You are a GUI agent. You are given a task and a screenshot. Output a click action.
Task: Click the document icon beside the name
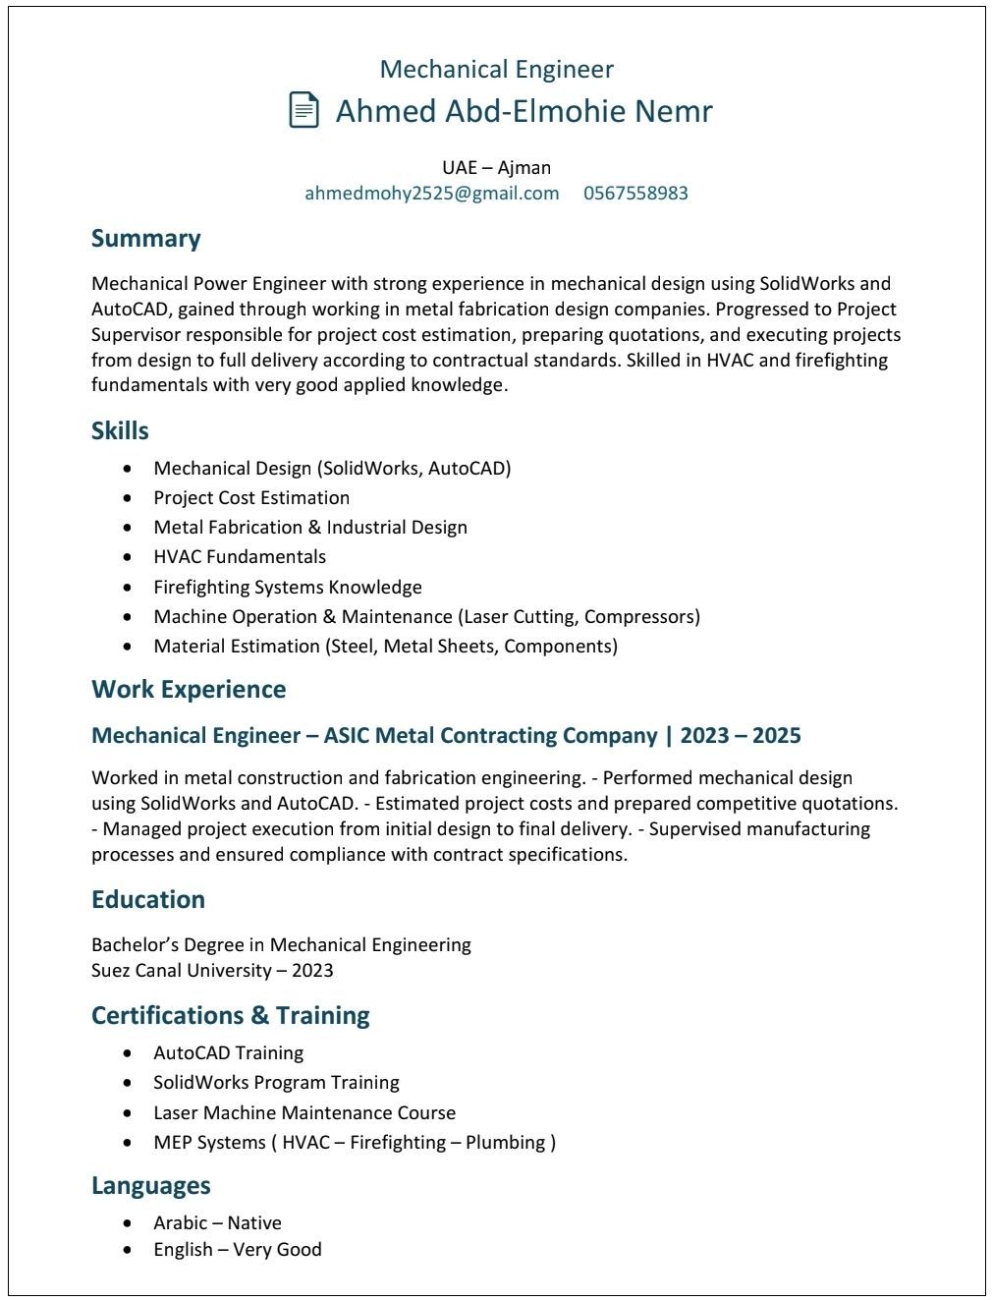point(303,109)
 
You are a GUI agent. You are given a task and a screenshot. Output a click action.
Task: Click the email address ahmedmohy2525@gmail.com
point(431,193)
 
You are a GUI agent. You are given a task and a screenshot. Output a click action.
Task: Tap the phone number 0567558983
point(635,193)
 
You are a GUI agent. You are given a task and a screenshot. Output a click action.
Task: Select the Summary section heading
point(145,239)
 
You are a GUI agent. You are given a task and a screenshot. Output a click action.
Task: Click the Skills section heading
point(120,430)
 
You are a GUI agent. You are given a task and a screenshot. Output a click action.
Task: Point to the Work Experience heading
point(189,689)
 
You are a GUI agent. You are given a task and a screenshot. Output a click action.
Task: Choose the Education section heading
point(148,899)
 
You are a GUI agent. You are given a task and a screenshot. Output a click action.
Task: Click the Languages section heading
point(150,1185)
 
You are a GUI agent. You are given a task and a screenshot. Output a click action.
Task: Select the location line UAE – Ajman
point(496,167)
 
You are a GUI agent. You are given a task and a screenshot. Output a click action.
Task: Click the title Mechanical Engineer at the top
point(496,69)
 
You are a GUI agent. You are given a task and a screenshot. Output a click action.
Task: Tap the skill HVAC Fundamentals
point(240,556)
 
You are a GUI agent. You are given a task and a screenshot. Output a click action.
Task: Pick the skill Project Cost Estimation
point(251,497)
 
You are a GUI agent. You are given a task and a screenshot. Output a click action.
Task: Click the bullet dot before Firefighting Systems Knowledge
point(128,588)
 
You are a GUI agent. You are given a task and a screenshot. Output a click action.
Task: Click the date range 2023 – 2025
point(741,735)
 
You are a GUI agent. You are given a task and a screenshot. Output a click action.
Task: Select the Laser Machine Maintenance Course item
point(304,1112)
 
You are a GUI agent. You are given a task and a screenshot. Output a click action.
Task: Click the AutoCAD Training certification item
point(228,1052)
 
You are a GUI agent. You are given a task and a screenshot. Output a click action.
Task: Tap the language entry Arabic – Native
point(217,1222)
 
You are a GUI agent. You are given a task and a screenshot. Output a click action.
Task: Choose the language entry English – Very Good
point(238,1249)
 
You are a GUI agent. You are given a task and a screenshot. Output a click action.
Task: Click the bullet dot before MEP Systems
point(128,1143)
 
